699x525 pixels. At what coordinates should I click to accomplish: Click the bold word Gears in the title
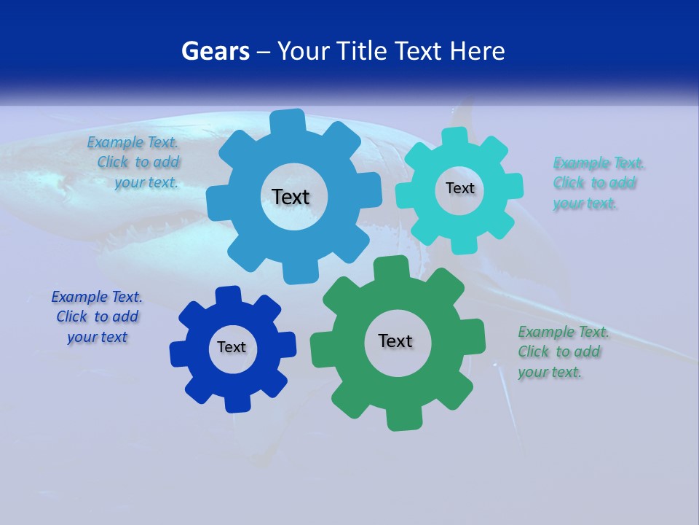coord(216,52)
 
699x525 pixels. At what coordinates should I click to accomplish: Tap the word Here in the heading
coord(476,52)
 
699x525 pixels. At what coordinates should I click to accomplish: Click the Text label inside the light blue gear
coord(291,197)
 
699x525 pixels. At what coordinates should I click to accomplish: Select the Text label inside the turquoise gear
coord(459,188)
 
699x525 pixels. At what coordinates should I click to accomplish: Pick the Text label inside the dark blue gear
coord(232,347)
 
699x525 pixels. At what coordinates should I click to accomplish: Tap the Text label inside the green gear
coord(395,341)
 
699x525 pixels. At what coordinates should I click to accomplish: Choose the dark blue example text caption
coord(97,316)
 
